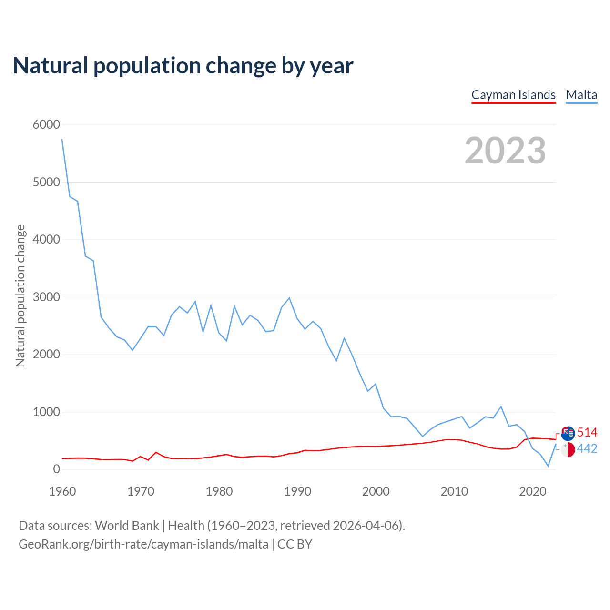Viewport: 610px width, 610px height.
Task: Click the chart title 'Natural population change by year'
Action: click(x=183, y=66)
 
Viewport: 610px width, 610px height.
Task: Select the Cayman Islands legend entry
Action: click(x=513, y=95)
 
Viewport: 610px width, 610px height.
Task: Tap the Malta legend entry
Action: click(x=581, y=95)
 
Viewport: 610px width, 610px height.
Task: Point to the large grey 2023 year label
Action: click(x=505, y=151)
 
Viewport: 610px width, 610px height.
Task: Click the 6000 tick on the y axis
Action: click(x=46, y=125)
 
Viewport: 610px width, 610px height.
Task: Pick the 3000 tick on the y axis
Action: click(x=46, y=297)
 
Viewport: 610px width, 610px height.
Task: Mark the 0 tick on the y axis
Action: click(x=57, y=469)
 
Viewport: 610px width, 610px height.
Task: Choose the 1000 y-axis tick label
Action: click(x=46, y=412)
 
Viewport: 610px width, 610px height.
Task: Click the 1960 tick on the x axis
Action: click(x=62, y=491)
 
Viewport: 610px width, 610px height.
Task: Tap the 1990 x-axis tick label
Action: click(x=297, y=491)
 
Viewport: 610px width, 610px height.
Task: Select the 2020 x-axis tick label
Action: click(x=532, y=491)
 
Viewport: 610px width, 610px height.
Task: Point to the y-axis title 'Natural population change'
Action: click(x=20, y=296)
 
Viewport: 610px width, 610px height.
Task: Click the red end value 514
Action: click(x=587, y=432)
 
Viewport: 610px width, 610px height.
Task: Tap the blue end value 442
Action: click(x=587, y=449)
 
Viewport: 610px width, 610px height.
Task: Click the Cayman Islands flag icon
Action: click(x=568, y=433)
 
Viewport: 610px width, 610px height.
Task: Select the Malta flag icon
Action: click(x=568, y=449)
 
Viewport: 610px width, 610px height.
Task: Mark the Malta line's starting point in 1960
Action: click(x=62, y=139)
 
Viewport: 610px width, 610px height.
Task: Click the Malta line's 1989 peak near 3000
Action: click(x=289, y=298)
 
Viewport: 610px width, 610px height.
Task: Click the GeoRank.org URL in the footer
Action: click(x=143, y=544)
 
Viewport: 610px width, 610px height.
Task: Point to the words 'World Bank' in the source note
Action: click(x=127, y=526)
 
